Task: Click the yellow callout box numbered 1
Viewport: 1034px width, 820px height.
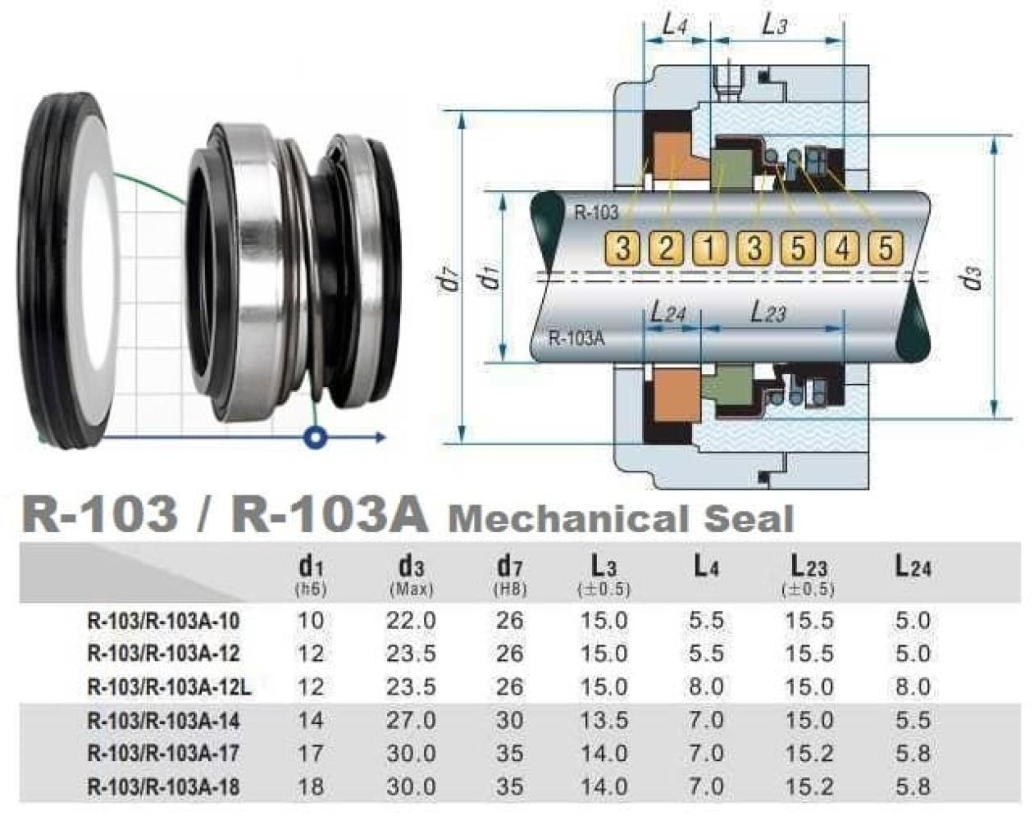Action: (709, 248)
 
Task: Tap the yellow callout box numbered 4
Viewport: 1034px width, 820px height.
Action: (841, 248)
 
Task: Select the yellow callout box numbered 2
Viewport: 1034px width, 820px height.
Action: (666, 248)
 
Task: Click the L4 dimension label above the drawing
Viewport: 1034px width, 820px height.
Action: (676, 24)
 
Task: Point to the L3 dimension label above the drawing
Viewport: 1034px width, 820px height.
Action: (775, 24)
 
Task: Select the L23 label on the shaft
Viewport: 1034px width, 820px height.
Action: (768, 312)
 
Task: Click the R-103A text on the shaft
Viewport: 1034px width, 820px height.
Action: (576, 339)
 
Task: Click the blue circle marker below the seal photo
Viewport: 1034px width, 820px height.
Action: (316, 437)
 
